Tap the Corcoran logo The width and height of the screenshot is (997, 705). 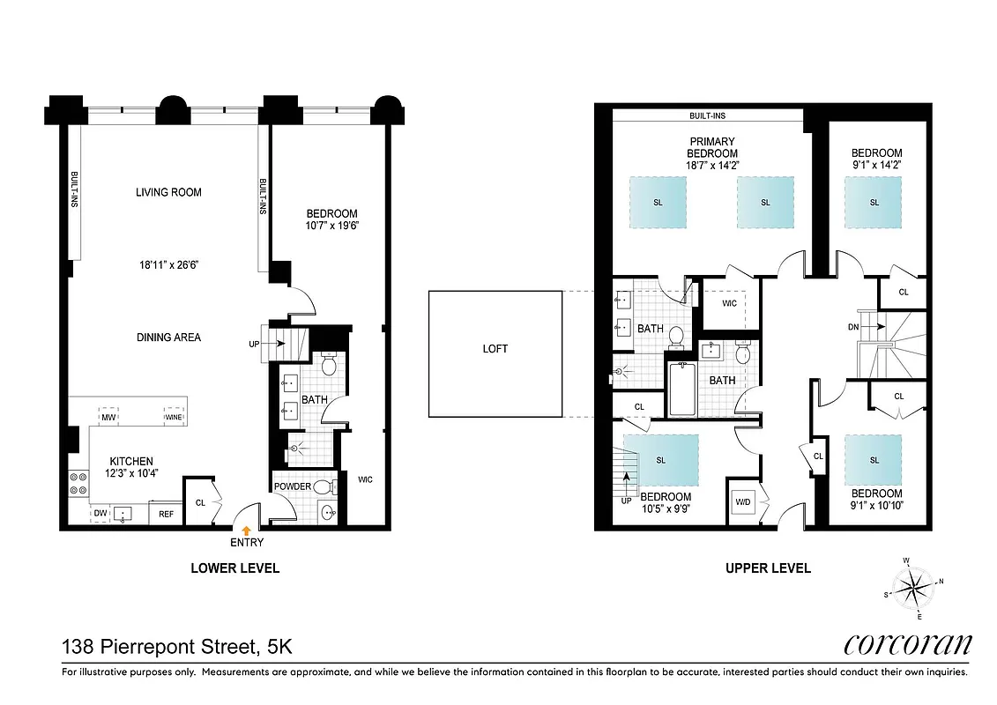(x=907, y=644)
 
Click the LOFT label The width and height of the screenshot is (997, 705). (x=495, y=349)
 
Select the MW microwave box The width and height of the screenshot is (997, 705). (x=109, y=417)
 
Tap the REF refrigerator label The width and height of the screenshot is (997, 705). (x=166, y=513)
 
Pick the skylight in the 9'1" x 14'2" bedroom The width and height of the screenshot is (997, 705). (x=874, y=202)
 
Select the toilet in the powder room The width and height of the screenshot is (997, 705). (x=323, y=486)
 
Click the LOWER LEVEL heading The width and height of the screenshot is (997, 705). (x=234, y=568)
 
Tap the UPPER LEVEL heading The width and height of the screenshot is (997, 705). (x=768, y=568)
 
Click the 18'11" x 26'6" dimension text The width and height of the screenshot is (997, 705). (x=168, y=263)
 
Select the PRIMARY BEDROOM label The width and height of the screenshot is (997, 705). (x=712, y=147)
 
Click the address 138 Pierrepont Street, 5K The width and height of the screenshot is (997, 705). (x=176, y=648)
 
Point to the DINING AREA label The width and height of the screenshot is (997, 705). (x=168, y=337)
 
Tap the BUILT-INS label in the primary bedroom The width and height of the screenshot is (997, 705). (x=708, y=115)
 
